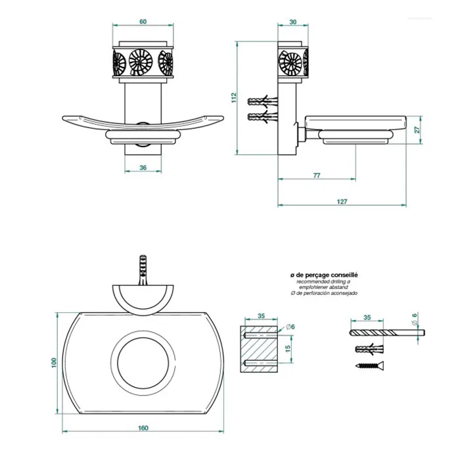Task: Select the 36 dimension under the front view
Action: (143, 168)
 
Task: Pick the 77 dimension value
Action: (316, 174)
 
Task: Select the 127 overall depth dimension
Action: (342, 201)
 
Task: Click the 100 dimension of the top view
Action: (55, 362)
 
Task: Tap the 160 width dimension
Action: (143, 428)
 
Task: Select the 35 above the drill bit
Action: (367, 317)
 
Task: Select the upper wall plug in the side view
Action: (264, 103)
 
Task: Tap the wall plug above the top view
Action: (143, 269)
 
